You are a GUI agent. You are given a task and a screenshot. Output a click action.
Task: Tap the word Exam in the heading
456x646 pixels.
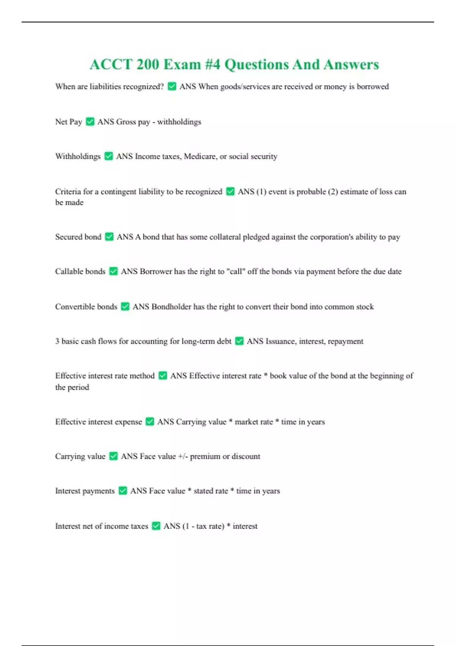pyautogui.click(x=182, y=64)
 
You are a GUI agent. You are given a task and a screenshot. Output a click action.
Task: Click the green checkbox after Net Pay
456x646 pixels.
pyautogui.click(x=90, y=122)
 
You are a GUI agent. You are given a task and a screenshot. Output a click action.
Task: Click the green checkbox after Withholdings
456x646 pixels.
pyautogui.click(x=109, y=156)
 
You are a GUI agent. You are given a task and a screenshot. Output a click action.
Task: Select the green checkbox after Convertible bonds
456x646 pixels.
pyautogui.click(x=125, y=306)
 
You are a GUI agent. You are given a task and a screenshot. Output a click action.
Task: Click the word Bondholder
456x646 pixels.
pyautogui.click(x=171, y=306)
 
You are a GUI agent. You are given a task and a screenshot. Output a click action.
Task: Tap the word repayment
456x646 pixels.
pyautogui.click(x=345, y=341)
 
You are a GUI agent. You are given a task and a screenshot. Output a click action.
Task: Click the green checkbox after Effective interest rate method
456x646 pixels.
pyautogui.click(x=163, y=375)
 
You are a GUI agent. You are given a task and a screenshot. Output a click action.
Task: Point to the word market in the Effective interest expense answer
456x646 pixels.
pyautogui.click(x=253, y=422)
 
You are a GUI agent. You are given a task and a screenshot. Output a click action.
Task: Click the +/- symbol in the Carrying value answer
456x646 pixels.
pyautogui.click(x=183, y=456)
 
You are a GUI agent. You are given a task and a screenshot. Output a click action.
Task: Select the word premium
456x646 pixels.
pyautogui.click(x=205, y=456)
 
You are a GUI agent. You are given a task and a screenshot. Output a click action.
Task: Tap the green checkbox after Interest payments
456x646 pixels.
pyautogui.click(x=122, y=491)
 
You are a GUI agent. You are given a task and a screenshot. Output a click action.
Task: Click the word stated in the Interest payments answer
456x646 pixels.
pyautogui.click(x=211, y=491)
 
